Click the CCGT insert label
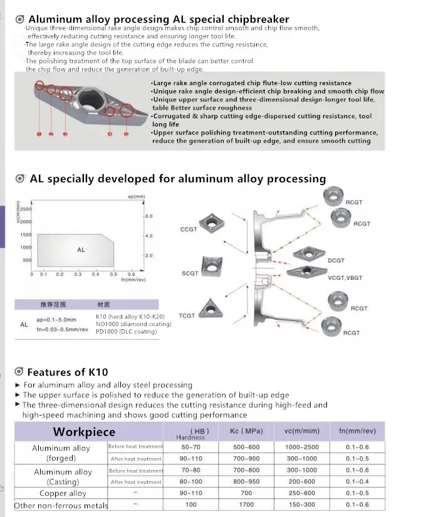[x=189, y=230]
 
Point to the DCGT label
[x=336, y=260]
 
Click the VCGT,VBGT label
[x=345, y=278]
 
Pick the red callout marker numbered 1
[x=39, y=134]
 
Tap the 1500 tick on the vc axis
[x=26, y=235]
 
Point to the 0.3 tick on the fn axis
[x=78, y=274]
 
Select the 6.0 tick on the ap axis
[x=148, y=216]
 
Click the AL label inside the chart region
[x=81, y=250]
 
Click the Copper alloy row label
[x=59, y=493]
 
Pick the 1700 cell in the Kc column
[x=246, y=504]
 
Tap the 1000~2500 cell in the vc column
[x=302, y=447]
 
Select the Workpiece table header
[x=84, y=432]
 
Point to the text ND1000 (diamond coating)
[x=133, y=324]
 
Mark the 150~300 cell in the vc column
[x=302, y=504]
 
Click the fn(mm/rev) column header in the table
[x=357, y=431]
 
